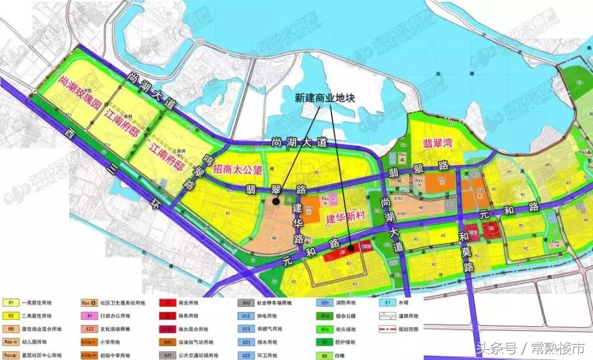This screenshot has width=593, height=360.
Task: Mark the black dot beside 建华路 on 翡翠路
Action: tap(276, 202)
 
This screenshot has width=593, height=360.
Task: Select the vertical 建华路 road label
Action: tap(298, 224)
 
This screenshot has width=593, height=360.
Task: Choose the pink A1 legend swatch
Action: tap(88, 316)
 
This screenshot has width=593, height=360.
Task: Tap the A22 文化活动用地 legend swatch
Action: tap(88, 329)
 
